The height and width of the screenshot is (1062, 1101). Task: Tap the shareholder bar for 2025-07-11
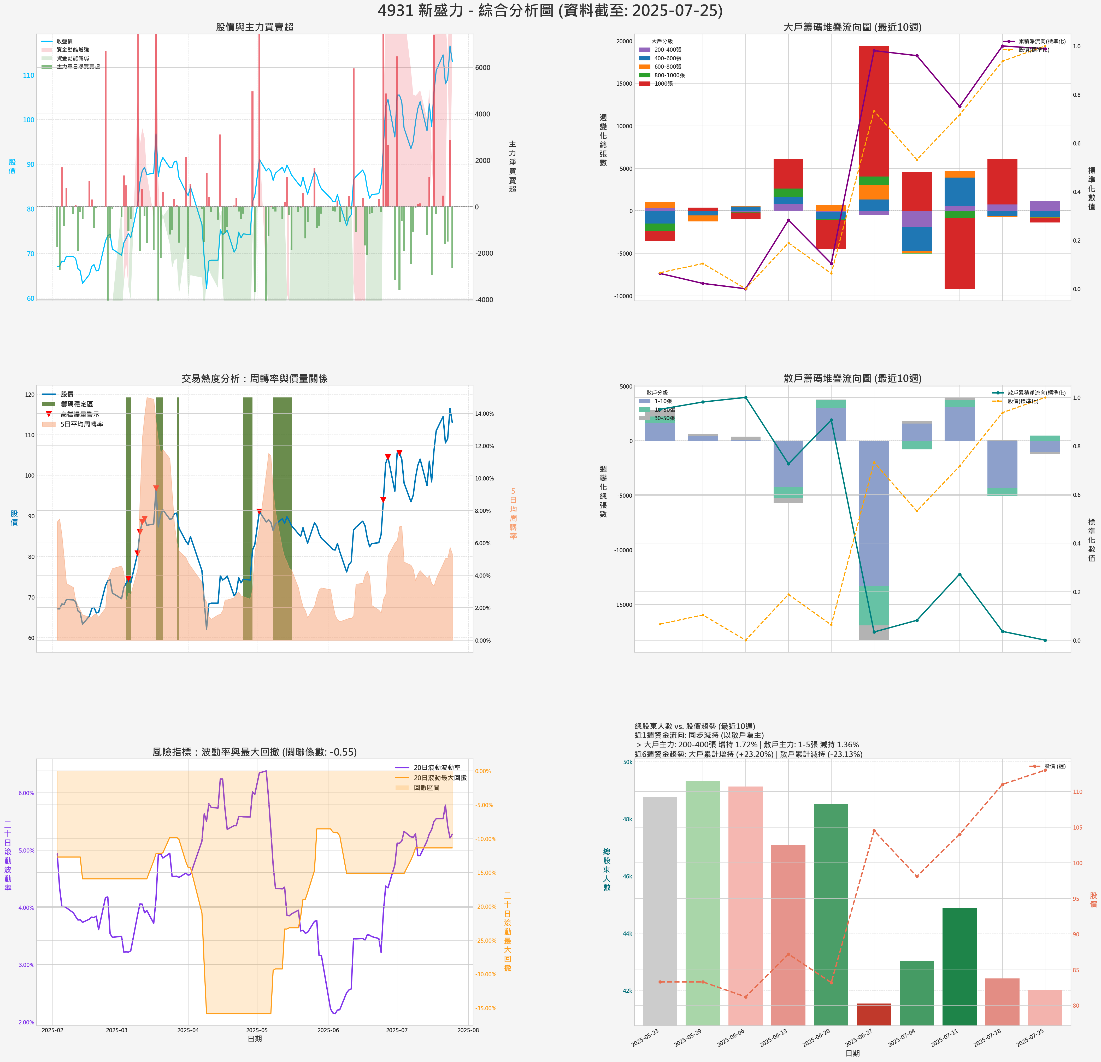[959, 966]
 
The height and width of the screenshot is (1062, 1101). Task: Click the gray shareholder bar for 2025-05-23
[660, 910]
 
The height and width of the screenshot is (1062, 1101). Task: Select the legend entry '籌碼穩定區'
[76, 404]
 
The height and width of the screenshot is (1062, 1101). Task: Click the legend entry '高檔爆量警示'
[79, 414]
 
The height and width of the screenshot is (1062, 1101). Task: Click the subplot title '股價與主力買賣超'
[255, 27]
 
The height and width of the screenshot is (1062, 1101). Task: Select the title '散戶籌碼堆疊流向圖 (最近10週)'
[852, 378]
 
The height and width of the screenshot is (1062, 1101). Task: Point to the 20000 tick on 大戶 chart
[624, 41]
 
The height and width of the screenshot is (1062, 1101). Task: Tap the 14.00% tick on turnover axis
[484, 414]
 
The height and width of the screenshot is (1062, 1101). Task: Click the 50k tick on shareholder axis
[627, 762]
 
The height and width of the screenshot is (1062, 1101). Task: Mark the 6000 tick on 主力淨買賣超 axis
[482, 67]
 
